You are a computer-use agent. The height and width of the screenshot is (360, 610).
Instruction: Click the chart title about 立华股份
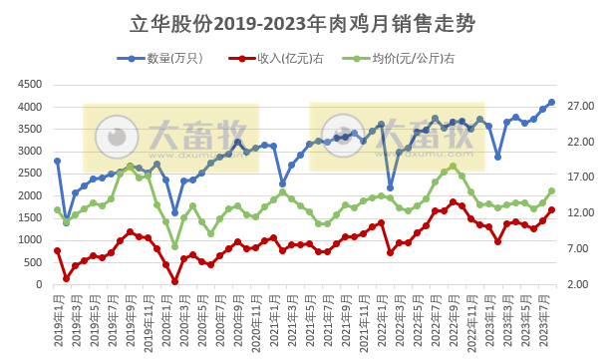(x=305, y=23)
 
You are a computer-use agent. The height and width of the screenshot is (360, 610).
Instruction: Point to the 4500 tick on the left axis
(x=29, y=85)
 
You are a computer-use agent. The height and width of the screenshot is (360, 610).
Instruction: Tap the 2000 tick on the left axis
(x=29, y=195)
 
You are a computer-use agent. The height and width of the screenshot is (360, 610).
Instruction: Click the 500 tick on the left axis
(x=33, y=262)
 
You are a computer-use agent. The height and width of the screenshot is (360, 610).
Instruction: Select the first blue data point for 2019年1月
(x=57, y=161)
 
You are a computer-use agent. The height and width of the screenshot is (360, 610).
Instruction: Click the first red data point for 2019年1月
(x=57, y=250)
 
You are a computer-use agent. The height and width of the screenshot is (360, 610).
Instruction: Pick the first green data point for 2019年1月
(x=57, y=210)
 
